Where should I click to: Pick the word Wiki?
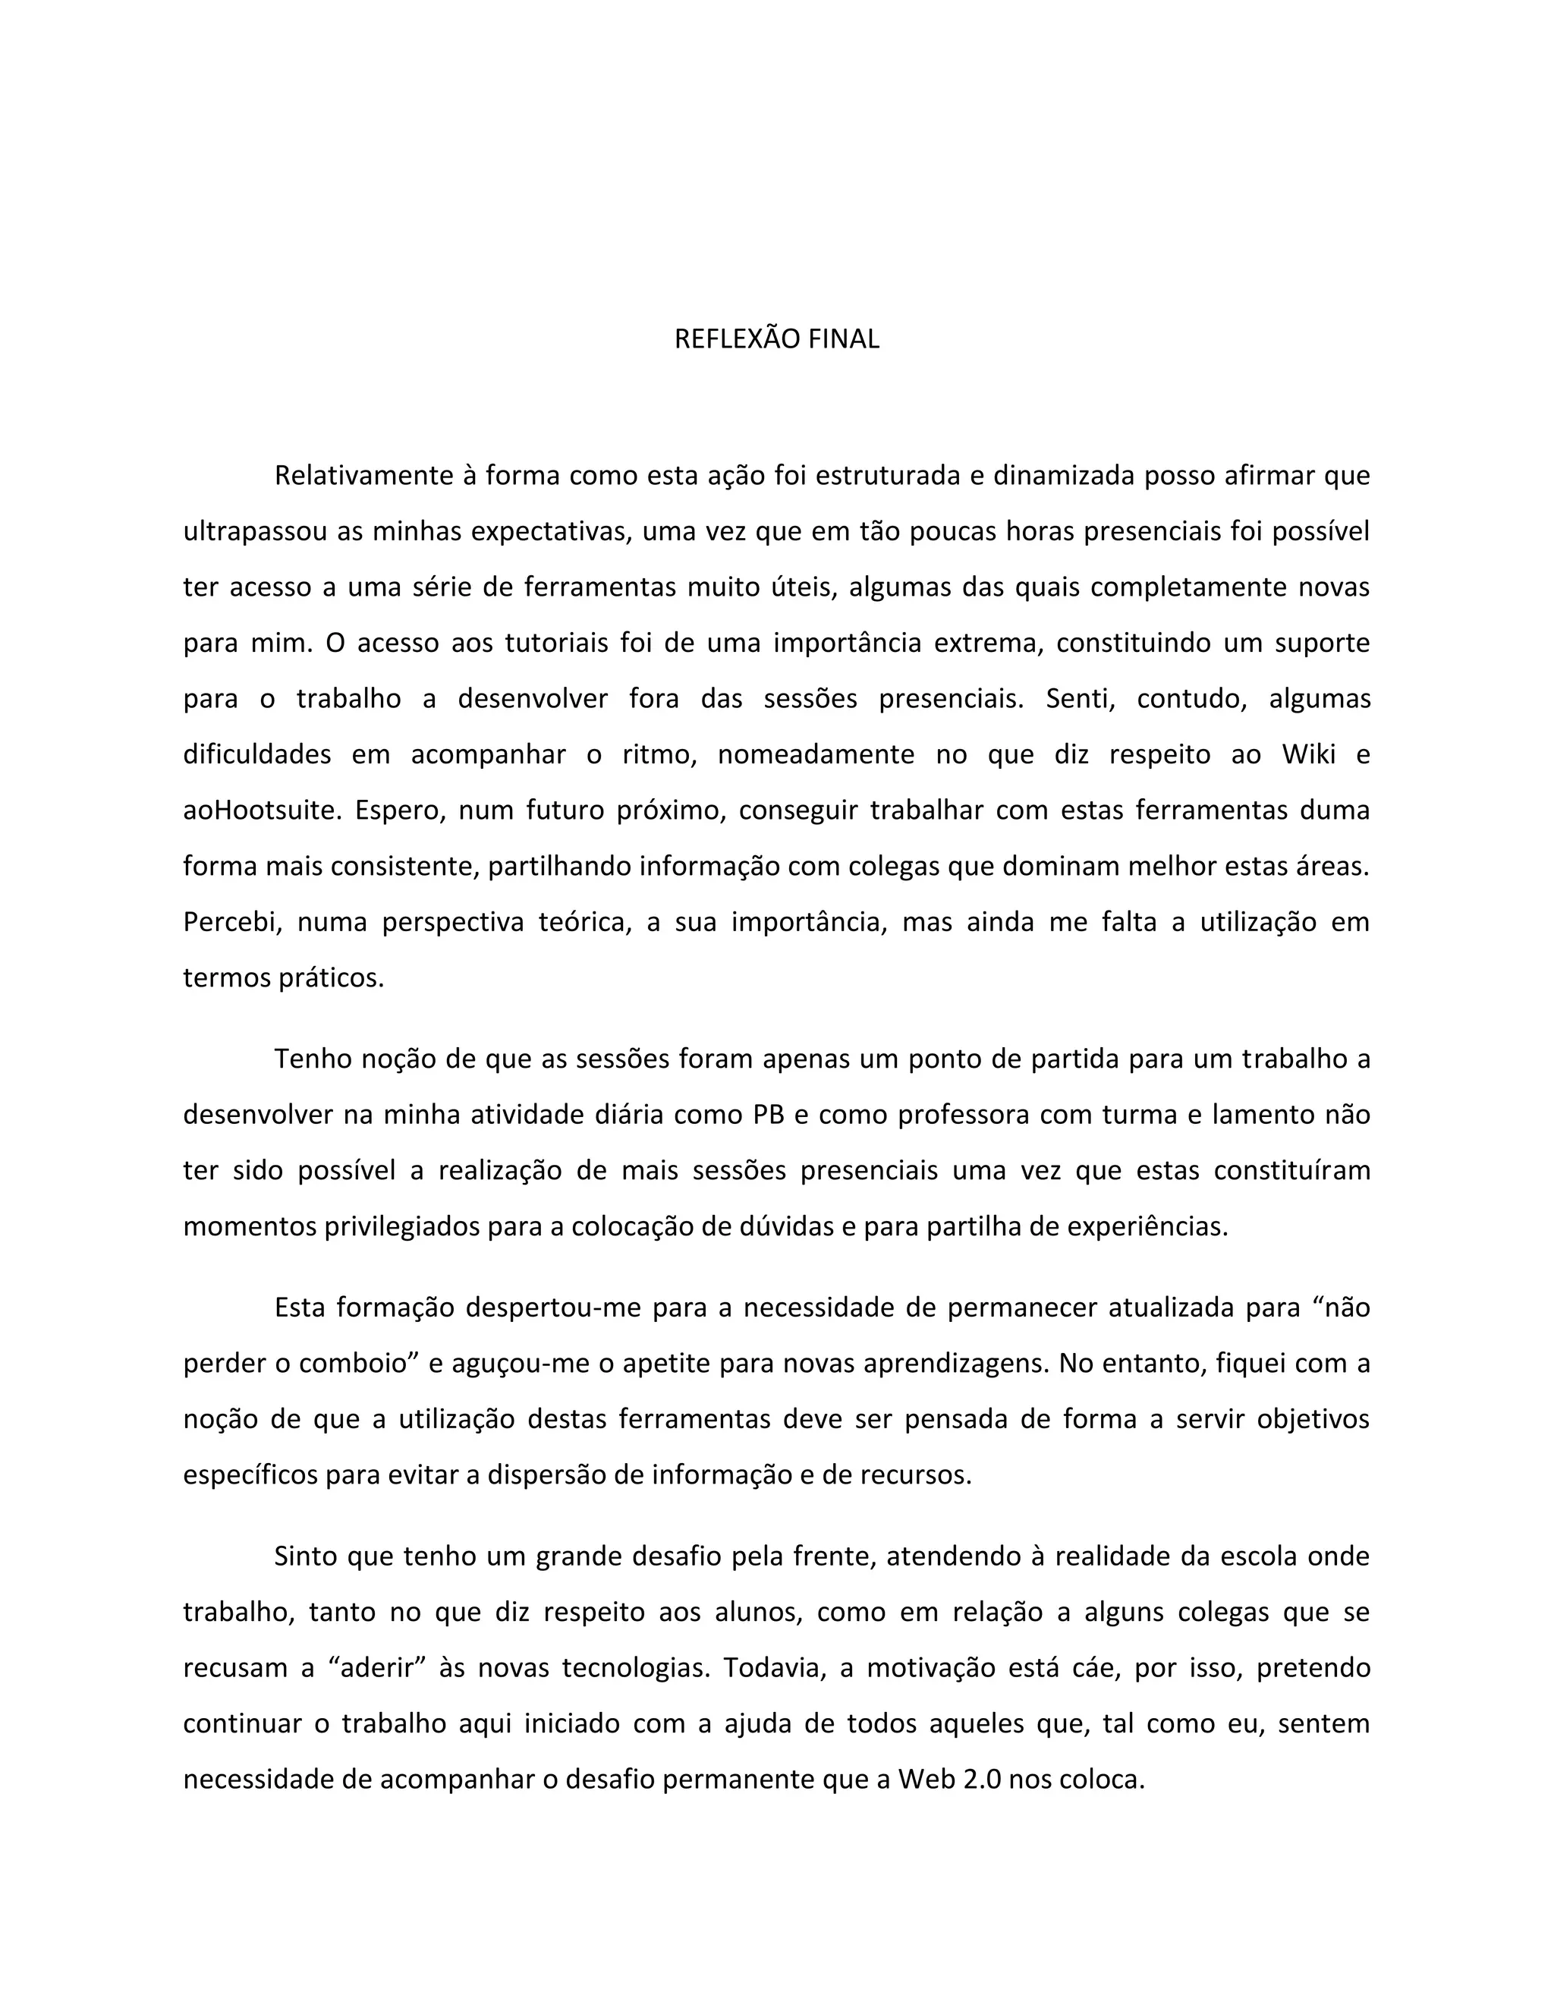1308,754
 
